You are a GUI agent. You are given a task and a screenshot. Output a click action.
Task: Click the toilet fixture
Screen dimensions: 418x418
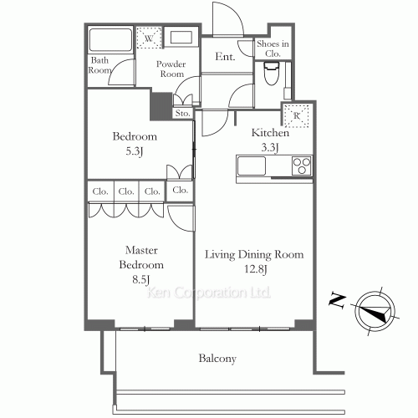tap(271, 73)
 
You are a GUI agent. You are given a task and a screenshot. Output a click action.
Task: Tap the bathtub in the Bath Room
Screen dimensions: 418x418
tap(110, 39)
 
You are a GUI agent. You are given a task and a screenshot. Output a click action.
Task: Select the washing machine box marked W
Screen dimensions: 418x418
tap(149, 38)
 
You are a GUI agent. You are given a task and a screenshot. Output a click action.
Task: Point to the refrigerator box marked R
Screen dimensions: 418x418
tap(296, 115)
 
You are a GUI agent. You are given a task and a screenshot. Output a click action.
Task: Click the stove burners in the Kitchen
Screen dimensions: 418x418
tap(302, 166)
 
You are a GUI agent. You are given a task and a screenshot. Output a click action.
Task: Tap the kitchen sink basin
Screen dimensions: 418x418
tap(252, 166)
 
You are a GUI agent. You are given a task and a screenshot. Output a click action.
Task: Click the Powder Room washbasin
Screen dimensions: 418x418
tap(181, 38)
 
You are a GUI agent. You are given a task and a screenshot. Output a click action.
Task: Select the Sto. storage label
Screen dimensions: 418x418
tap(182, 114)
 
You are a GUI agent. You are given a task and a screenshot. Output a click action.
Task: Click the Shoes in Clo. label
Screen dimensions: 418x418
tap(273, 48)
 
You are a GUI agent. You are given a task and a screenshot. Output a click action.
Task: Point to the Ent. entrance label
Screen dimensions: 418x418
tap(225, 57)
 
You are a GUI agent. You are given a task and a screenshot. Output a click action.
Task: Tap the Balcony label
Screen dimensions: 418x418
tap(217, 359)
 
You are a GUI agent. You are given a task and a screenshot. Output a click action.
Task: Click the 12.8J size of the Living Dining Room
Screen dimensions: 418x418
tap(256, 269)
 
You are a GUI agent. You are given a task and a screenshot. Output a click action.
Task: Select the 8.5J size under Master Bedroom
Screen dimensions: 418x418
tap(141, 279)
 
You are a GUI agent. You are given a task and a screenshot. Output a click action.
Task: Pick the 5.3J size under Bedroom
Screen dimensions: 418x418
tap(135, 151)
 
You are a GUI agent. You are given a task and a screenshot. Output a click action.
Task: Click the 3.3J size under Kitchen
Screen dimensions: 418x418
tap(270, 147)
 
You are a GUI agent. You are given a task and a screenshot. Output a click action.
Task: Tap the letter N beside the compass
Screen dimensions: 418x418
tap(338, 301)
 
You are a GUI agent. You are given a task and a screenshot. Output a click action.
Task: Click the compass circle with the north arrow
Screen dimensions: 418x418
tap(375, 311)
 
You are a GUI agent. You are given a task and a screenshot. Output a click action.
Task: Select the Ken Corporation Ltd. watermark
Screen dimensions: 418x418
tap(208, 293)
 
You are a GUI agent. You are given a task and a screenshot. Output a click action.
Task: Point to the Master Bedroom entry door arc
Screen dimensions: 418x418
tap(176, 223)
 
